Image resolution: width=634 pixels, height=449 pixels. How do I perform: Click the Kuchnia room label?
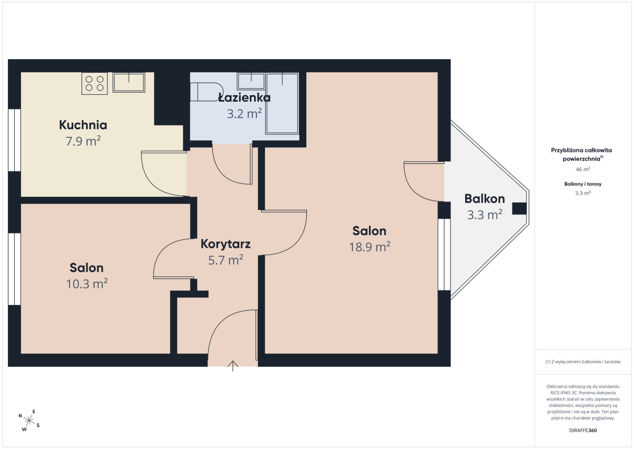(x=83, y=125)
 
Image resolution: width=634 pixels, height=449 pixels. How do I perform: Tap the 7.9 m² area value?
(x=83, y=141)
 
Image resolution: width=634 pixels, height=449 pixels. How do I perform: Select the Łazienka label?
(x=244, y=97)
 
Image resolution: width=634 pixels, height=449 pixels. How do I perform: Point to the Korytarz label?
(x=226, y=244)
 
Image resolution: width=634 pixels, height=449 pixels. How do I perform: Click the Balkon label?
(x=484, y=198)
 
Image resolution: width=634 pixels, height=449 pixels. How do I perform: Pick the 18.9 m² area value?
(x=369, y=247)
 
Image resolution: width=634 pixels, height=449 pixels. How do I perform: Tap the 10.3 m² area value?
(x=86, y=283)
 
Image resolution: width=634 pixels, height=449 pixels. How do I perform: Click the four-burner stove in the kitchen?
(x=94, y=83)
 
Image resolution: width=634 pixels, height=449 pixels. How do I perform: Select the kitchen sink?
(x=129, y=83)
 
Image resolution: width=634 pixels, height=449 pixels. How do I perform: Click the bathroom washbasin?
(x=251, y=81)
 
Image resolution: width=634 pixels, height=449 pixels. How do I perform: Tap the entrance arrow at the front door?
(x=232, y=366)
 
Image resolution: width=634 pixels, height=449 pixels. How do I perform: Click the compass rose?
(x=29, y=420)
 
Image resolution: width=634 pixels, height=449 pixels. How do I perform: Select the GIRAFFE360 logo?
(x=583, y=430)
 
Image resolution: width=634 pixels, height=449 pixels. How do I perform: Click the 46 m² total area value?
(x=583, y=169)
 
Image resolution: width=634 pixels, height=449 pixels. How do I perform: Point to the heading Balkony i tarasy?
(x=583, y=184)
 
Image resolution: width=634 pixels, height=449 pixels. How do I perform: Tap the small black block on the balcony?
(x=519, y=208)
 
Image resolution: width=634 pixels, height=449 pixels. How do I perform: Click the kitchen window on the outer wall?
(x=14, y=140)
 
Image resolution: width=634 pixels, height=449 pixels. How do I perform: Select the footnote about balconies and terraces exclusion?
(x=583, y=362)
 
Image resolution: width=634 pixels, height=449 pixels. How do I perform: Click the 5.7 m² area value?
(x=226, y=260)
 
